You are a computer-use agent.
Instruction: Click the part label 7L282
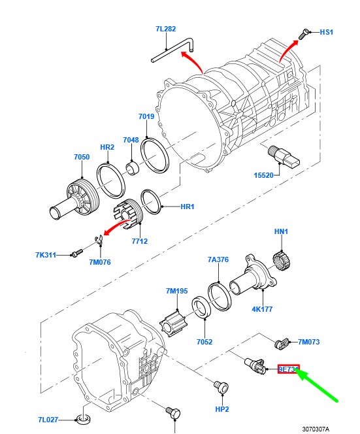pos(166,29)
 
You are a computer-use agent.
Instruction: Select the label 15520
pos(265,175)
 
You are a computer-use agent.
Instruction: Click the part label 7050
pos(82,157)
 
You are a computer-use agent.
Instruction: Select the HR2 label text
pos(107,148)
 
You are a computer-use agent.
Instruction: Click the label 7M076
pos(100,262)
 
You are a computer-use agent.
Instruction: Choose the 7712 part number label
pos(139,241)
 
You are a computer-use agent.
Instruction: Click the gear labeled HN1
pos(280,261)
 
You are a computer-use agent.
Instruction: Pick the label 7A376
pos(218,259)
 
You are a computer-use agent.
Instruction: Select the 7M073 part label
pos(309,342)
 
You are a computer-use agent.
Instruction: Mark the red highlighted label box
pos(288,370)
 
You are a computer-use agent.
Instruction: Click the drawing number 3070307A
pos(316,429)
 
